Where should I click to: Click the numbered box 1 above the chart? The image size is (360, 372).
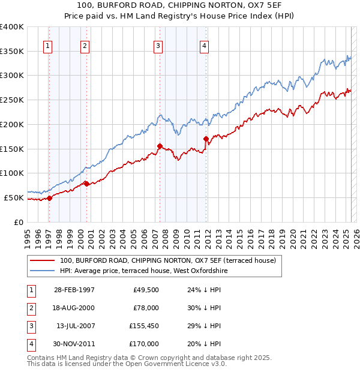47,45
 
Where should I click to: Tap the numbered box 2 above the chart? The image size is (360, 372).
85,45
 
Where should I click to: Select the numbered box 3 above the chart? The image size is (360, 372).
158,45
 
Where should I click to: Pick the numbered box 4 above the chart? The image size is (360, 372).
205,45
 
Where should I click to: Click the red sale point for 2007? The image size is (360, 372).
160,146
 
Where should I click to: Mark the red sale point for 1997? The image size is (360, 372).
49,198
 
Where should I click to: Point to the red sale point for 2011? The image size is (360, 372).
206,139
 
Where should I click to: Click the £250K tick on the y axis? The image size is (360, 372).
12,100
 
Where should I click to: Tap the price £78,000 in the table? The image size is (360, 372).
145,308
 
